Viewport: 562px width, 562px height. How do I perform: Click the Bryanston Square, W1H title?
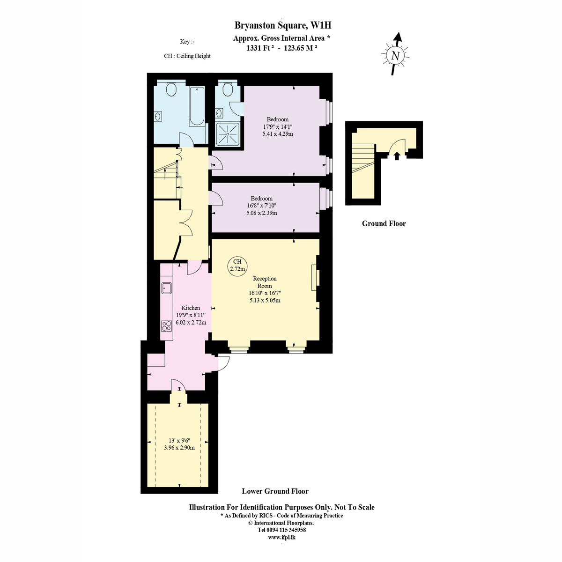pyautogui.click(x=282, y=26)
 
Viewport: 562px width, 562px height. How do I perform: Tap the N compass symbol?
pyautogui.click(x=395, y=55)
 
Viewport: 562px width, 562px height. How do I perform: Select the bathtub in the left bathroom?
pyautogui.click(x=197, y=106)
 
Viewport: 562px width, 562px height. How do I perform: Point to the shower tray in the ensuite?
pyautogui.click(x=228, y=134)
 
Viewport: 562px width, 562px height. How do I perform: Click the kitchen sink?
pyautogui.click(x=167, y=288)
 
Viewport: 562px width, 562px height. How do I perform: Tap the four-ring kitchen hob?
pyautogui.click(x=167, y=326)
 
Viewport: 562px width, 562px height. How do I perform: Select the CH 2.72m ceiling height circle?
pyautogui.click(x=237, y=266)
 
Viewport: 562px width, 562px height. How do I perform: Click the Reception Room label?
pyautogui.click(x=265, y=282)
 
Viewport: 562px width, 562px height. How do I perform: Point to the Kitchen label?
pyautogui.click(x=191, y=308)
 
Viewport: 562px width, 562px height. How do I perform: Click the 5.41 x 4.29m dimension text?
pyautogui.click(x=278, y=134)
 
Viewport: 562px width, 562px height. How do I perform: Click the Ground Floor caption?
pyautogui.click(x=384, y=224)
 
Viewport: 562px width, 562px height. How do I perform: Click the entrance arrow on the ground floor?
pyautogui.click(x=396, y=156)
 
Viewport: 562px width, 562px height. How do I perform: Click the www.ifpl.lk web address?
pyautogui.click(x=282, y=538)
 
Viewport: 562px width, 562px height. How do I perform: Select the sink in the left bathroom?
pyautogui.click(x=158, y=117)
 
